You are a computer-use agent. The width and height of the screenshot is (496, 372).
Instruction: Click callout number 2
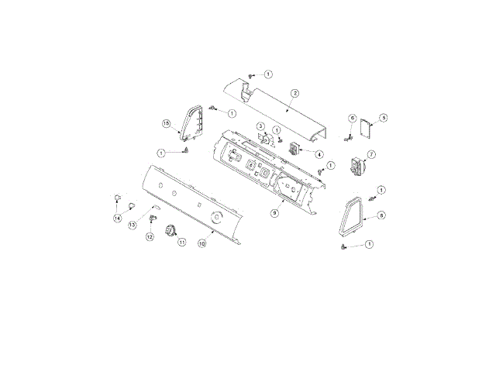point(295,93)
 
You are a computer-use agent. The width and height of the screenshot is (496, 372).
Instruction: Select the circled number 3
point(260,126)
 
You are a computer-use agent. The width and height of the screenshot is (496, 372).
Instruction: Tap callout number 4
point(319,154)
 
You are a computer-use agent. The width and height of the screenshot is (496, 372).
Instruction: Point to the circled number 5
point(383,118)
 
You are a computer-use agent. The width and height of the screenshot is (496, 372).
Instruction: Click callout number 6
point(353,119)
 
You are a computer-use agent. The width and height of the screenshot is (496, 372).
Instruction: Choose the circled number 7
point(371,155)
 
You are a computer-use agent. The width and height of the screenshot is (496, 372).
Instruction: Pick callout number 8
point(382,215)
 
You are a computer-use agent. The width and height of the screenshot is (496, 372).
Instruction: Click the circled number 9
point(274,213)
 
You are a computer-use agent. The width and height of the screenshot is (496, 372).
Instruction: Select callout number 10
point(201,243)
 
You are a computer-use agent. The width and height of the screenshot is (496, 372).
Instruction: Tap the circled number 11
point(182,243)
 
